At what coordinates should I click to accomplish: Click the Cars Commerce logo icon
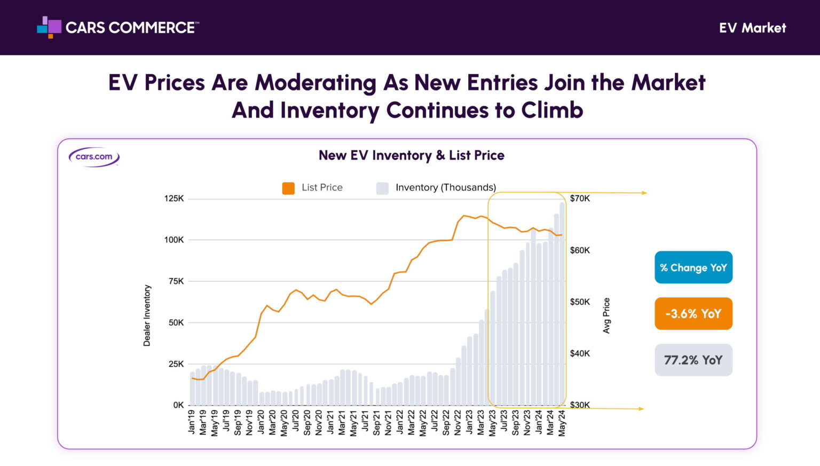coord(49,27)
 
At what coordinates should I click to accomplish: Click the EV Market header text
coord(752,28)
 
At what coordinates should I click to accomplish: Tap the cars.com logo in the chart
coord(94,157)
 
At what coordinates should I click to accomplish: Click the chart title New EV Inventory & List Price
coord(411,155)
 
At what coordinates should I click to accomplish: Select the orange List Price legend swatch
coord(288,188)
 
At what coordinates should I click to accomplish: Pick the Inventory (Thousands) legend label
coord(445,187)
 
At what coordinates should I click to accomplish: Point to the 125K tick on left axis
coord(174,199)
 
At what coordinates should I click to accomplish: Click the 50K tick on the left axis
coord(176,322)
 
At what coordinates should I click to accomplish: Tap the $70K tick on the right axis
coord(580,199)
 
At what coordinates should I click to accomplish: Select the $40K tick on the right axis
coord(580,353)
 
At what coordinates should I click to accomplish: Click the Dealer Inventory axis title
coord(147,315)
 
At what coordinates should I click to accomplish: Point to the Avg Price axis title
coord(606,315)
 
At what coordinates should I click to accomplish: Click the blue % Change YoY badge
coord(693,267)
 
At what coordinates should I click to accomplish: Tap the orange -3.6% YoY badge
coord(693,314)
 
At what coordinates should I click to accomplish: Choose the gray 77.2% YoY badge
coord(693,360)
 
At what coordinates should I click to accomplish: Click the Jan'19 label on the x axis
coord(192,422)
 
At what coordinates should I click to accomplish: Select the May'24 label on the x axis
coord(562,423)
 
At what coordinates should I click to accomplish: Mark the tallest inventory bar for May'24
coord(562,304)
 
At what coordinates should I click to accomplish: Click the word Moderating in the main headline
coord(315,83)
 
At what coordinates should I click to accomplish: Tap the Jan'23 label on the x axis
coord(469,422)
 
